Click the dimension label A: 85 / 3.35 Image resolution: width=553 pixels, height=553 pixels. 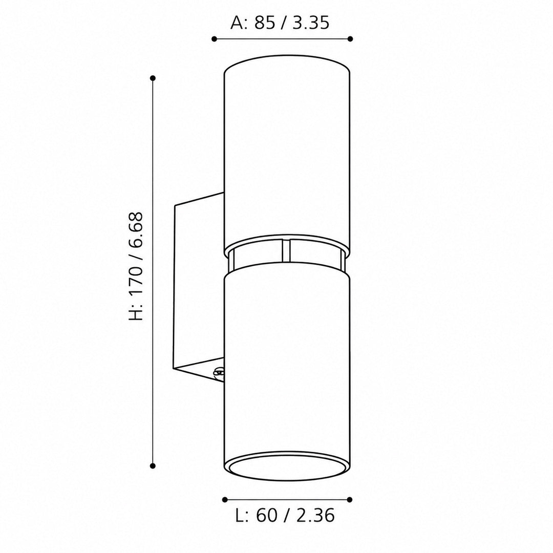(x=280, y=23)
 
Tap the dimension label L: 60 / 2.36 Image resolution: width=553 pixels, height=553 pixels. (x=285, y=516)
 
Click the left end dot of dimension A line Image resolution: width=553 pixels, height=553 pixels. (x=214, y=39)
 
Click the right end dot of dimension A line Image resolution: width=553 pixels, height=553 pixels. (x=350, y=39)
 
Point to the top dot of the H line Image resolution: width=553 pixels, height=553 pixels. (x=153, y=78)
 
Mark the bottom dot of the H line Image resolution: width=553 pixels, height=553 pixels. (x=153, y=466)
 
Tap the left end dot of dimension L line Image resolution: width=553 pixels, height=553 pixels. (x=225, y=499)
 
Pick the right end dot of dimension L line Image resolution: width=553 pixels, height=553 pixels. (x=350, y=499)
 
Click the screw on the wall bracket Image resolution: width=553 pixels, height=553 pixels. (x=219, y=373)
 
